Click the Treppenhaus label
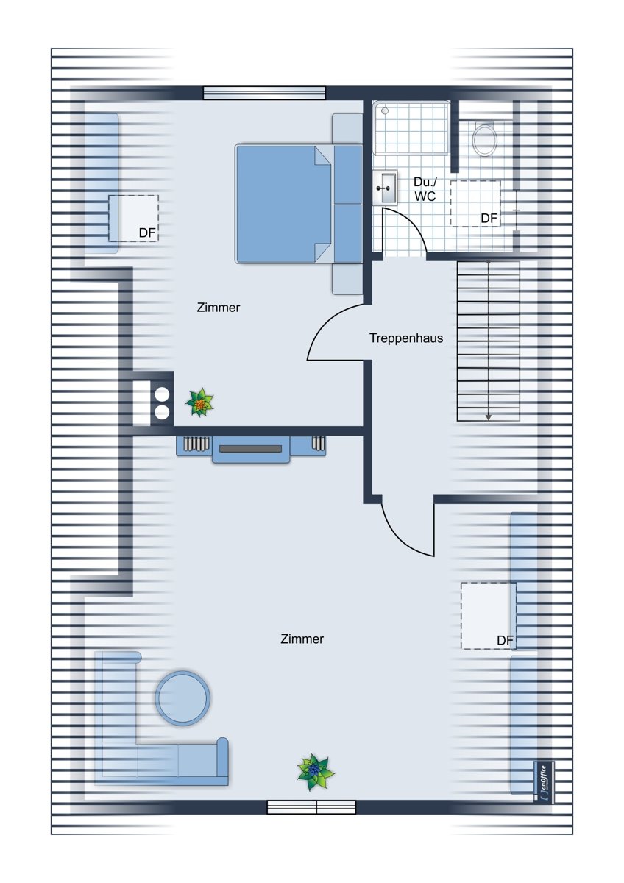click(x=406, y=338)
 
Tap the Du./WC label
click(x=425, y=189)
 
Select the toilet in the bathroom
click(x=484, y=139)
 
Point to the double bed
click(x=299, y=204)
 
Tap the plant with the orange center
click(x=199, y=403)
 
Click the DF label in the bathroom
click(x=489, y=218)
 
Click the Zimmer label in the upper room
click(x=219, y=308)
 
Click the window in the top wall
click(x=264, y=93)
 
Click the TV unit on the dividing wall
click(x=251, y=449)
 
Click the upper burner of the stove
click(x=162, y=394)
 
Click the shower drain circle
click(x=385, y=111)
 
